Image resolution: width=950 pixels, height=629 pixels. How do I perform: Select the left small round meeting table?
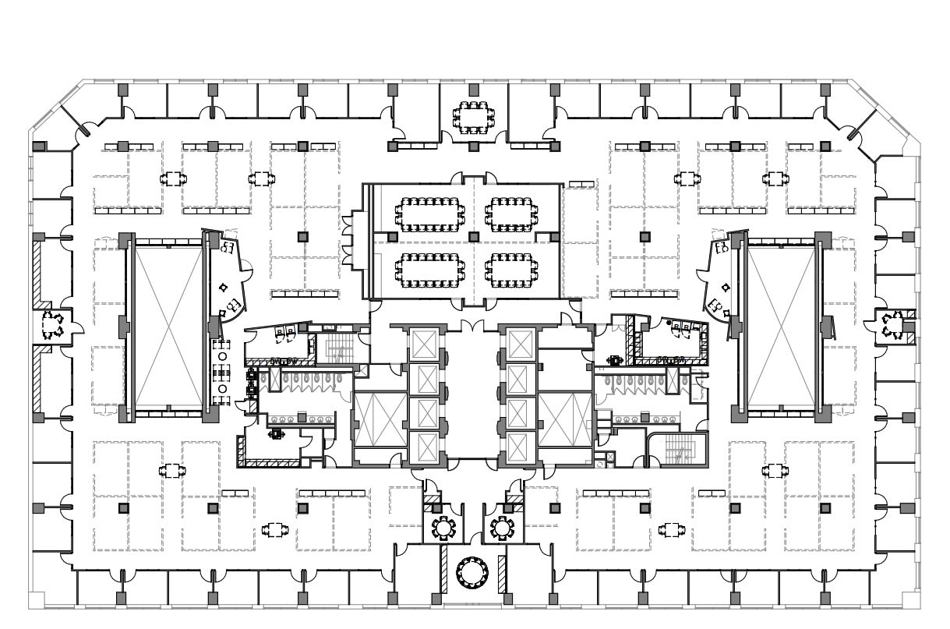pos(444,528)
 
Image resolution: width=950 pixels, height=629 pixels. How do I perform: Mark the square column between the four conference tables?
pos(473,236)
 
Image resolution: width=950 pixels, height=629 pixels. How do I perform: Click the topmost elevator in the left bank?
pos(424,344)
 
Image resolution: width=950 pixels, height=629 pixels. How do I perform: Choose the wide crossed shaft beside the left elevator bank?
pos(380,419)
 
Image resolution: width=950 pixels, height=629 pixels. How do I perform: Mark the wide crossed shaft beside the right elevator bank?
pos(565,419)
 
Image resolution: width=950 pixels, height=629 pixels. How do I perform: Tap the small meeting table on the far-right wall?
pos(891,325)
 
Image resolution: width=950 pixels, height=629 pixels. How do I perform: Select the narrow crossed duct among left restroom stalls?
pos(274,380)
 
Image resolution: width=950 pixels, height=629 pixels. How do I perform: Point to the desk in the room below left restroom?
pos(277,433)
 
